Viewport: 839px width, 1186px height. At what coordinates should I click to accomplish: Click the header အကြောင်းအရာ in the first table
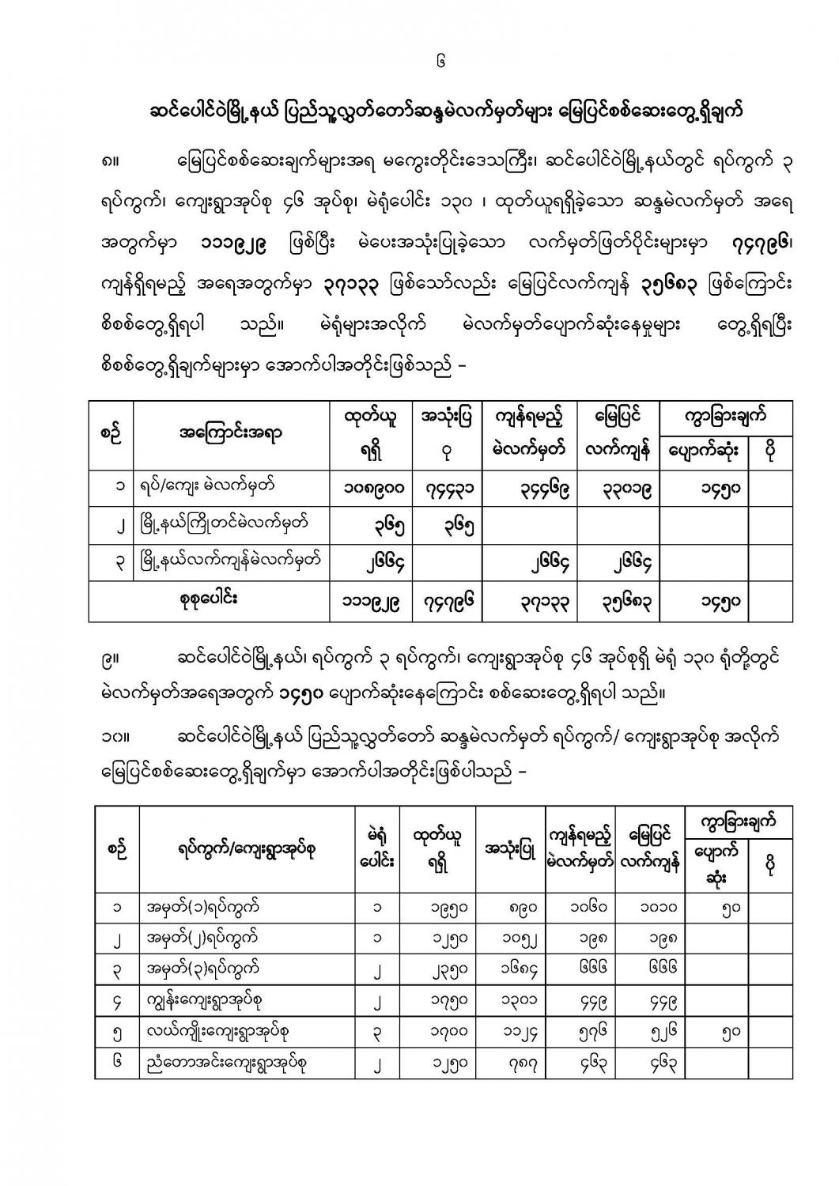(231, 432)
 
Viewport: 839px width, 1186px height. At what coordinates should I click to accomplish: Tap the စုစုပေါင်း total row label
(209, 599)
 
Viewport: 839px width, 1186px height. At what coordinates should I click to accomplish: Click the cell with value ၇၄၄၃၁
(448, 488)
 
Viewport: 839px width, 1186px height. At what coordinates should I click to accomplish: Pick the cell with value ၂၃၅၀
(440, 969)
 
